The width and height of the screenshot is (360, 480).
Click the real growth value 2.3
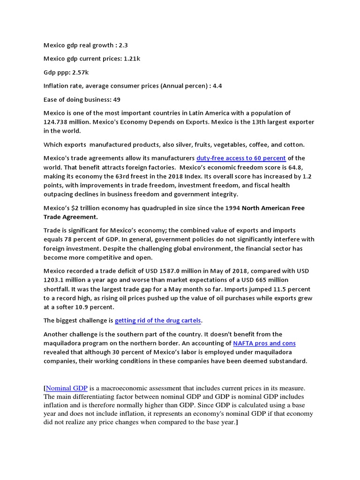[123, 45]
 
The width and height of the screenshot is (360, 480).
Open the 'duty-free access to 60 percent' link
[241, 158]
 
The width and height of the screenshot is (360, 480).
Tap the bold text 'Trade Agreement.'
[71, 217]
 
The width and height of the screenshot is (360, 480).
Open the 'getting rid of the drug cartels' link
[158, 321]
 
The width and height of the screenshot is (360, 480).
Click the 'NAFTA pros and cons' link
[264, 343]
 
